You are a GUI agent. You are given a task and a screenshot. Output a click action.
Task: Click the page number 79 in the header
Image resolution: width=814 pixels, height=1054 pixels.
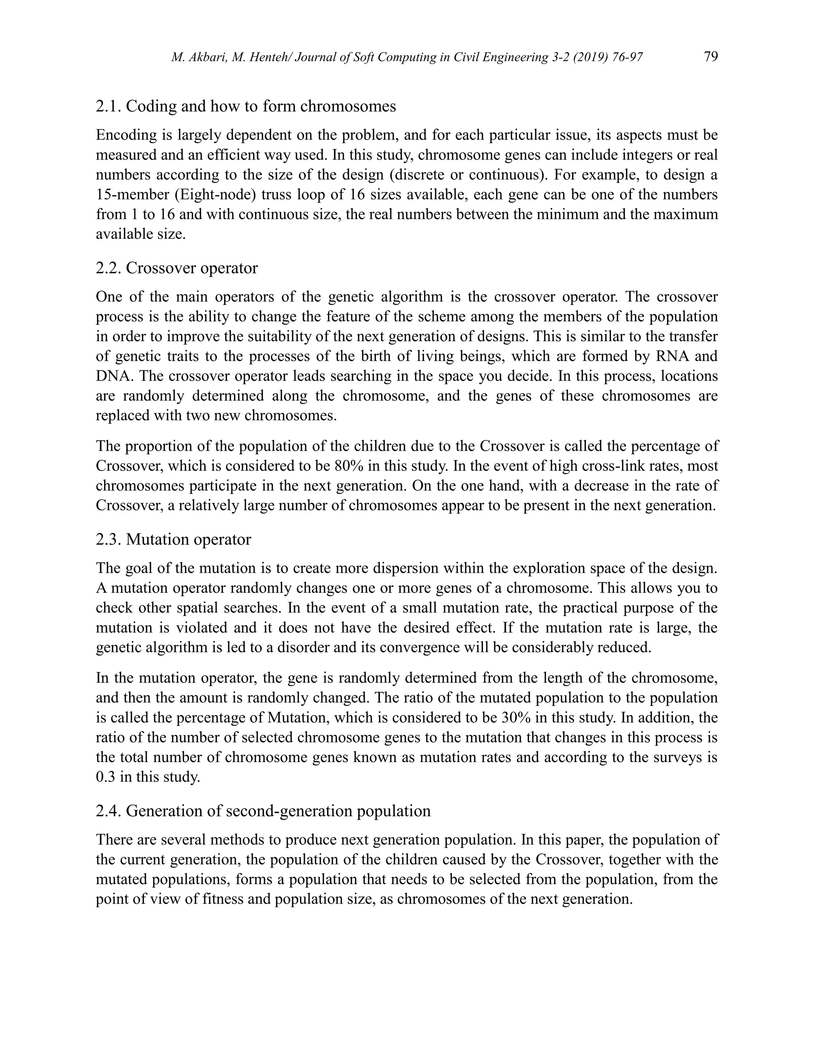[x=711, y=57]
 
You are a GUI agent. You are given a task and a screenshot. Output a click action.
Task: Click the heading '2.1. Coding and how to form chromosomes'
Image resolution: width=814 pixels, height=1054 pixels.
[x=246, y=106]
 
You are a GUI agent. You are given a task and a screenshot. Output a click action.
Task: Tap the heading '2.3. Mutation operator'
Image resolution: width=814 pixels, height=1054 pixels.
[x=173, y=539]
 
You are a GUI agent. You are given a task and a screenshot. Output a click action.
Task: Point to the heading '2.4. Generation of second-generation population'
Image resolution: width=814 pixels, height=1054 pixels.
[x=263, y=811]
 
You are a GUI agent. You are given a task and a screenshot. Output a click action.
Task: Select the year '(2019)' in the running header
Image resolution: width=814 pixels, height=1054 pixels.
[x=581, y=58]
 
